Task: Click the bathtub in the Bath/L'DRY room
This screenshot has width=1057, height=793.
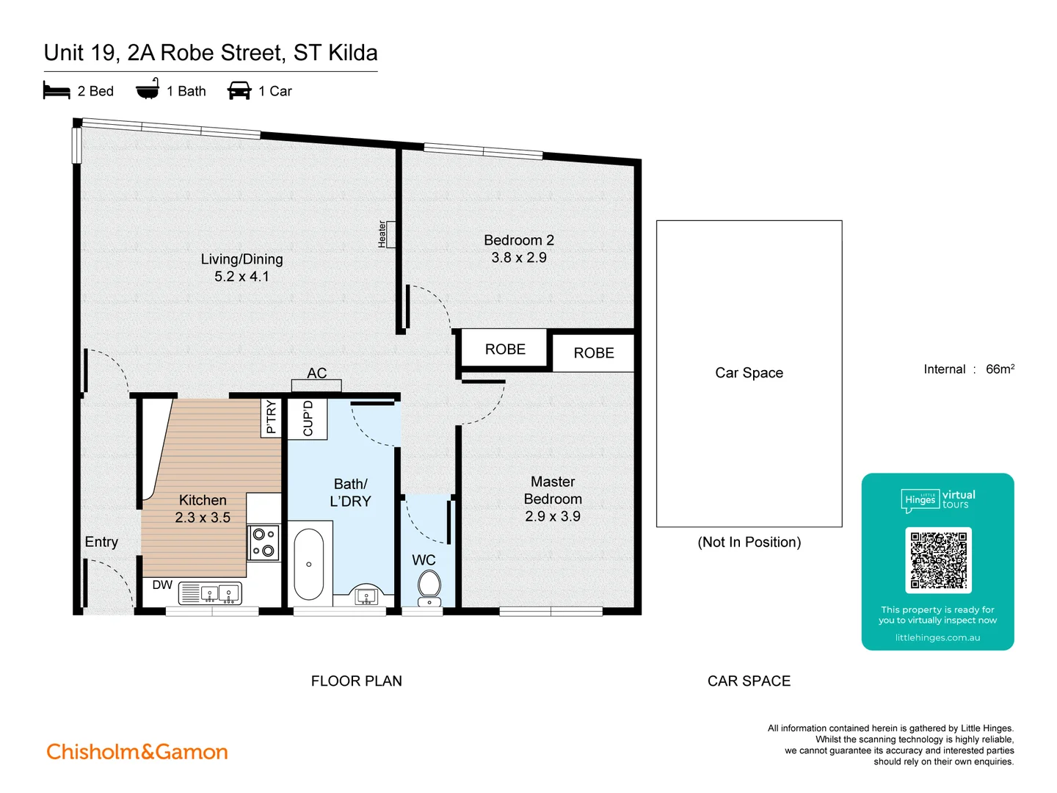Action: click(x=308, y=564)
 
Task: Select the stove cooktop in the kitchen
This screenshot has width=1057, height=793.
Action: click(x=264, y=543)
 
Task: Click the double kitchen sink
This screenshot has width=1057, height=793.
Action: click(x=219, y=593)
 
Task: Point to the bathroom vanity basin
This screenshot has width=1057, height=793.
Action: click(x=366, y=595)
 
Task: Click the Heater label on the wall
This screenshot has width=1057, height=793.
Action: click(x=382, y=234)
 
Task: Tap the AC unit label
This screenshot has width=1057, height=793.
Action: click(x=316, y=373)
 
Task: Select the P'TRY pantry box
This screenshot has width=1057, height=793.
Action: click(x=272, y=417)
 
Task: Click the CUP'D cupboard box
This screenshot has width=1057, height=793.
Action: click(x=308, y=419)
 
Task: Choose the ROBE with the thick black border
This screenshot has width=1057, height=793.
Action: click(x=505, y=350)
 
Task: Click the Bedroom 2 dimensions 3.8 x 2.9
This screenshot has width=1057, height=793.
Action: click(x=519, y=258)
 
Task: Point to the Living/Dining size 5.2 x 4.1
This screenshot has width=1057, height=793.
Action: click(x=241, y=277)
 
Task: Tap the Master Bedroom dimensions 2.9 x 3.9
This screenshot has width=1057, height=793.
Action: click(x=552, y=516)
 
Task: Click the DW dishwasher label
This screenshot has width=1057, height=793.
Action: click(x=162, y=585)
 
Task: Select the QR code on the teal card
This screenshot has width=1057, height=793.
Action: click(x=938, y=560)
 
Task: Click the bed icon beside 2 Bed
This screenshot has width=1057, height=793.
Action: click(x=57, y=91)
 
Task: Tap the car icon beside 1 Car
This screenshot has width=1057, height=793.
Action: click(x=239, y=91)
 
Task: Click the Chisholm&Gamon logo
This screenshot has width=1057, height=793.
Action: click(x=137, y=752)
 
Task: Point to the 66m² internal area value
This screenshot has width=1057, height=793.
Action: click(x=999, y=369)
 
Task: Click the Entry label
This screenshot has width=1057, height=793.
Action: click(x=101, y=542)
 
